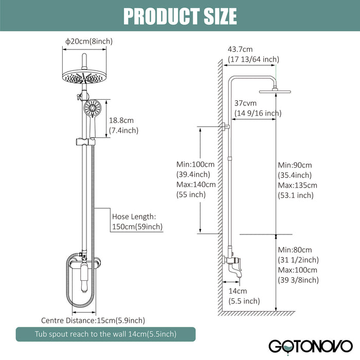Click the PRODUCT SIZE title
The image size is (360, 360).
pos(180,16)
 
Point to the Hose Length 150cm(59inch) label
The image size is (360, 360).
pos(137,222)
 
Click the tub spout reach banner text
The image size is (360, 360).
pos(105,334)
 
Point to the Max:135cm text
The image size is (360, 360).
pos(297,185)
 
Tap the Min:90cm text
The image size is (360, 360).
pos(294,165)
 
